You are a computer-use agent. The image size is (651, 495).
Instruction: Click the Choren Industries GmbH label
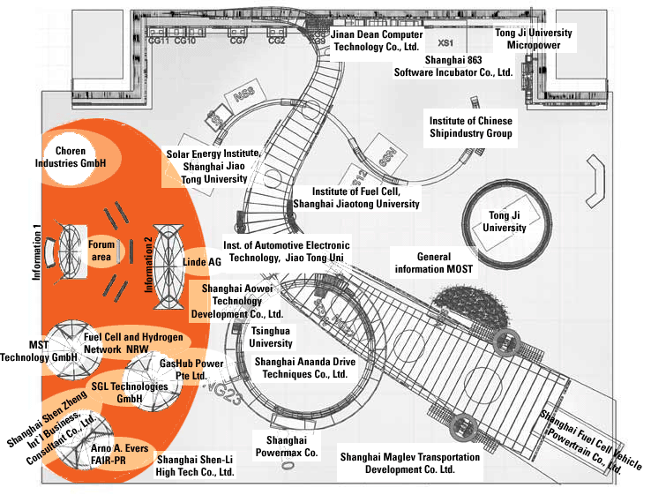[x=82, y=158]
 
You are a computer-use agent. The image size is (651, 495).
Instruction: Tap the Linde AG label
[x=202, y=263]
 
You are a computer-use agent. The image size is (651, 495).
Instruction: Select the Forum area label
[x=101, y=250]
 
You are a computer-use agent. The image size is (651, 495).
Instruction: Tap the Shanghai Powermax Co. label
[x=285, y=446]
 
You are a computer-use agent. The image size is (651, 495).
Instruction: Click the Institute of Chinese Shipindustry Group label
[x=470, y=127]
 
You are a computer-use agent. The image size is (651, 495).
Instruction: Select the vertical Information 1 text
[x=37, y=251]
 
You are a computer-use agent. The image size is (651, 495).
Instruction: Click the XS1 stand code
[x=445, y=41]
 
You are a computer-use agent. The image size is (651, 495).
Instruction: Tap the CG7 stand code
[x=237, y=41]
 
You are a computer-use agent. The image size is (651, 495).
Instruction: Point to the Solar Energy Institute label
[x=213, y=165]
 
